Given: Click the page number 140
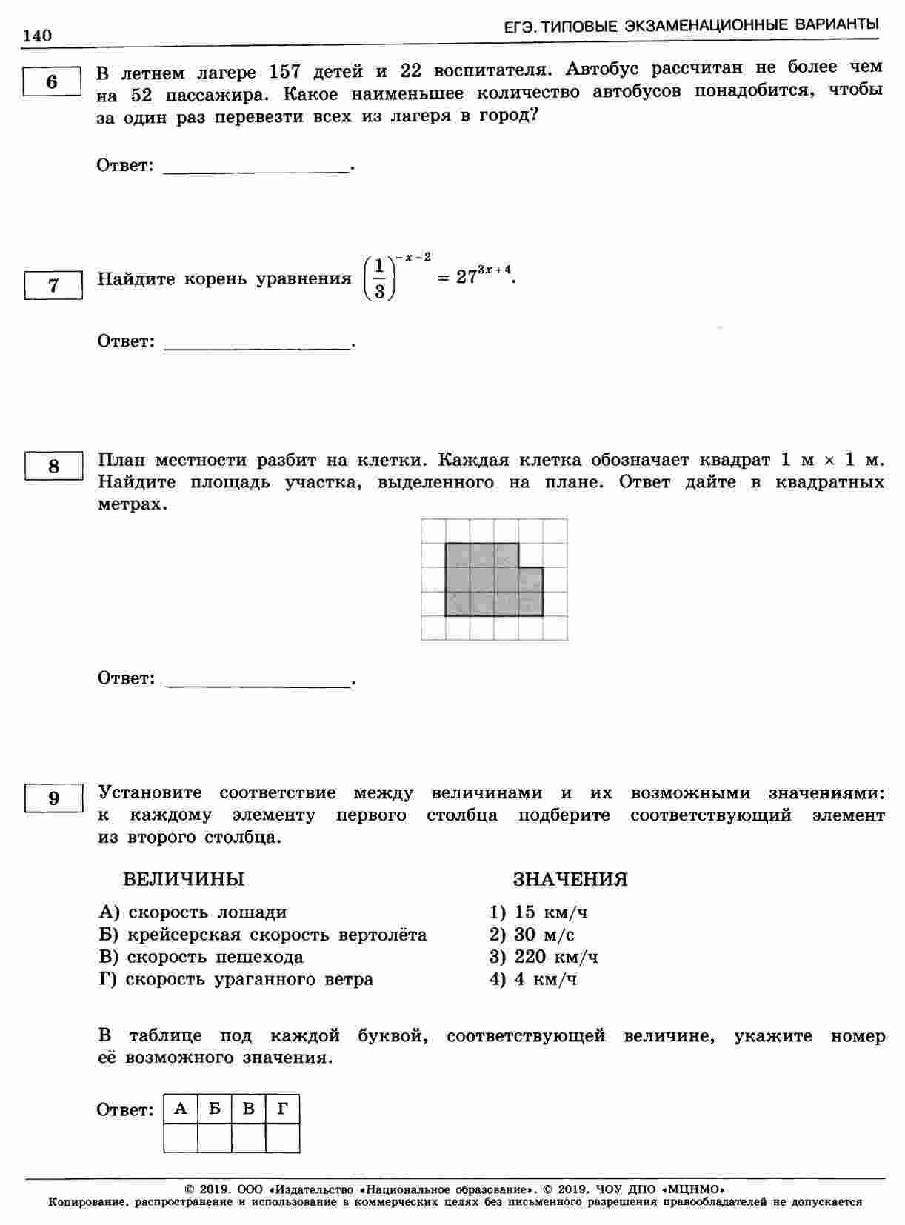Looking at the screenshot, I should pos(37,36).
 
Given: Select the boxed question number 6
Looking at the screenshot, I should pos(51,81).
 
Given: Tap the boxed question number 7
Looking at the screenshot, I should pos(53,285).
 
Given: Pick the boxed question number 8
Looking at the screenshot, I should pos(53,466).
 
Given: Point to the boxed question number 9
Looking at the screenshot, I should pos(53,798).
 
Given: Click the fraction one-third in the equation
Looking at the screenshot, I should pos(379,278).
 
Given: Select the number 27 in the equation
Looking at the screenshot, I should pos(466,278).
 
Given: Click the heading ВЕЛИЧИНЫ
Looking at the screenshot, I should pos(183,879).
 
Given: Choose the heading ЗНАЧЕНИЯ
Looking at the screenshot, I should pos(570,879).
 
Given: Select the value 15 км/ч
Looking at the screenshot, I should pos(550,912).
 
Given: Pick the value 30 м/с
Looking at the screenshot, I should pos(544,935).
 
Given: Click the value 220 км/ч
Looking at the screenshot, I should pos(556,957).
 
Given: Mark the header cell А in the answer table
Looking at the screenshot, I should pos(181,1109).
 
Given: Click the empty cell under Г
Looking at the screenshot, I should pos(282,1138).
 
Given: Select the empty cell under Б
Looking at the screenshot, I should pos(215,1138).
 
